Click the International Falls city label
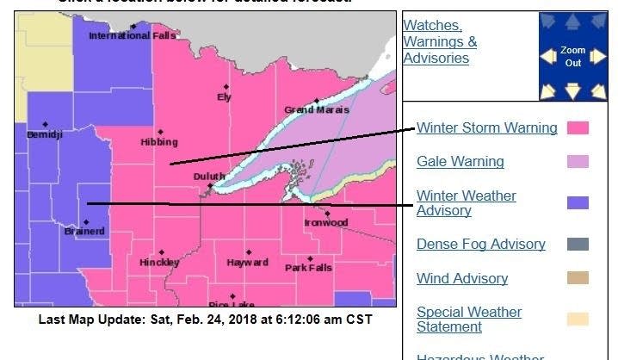click(x=125, y=35)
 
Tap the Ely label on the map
click(x=224, y=97)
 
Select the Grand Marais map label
click(x=317, y=110)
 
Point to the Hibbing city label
click(x=159, y=142)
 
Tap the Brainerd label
click(x=84, y=231)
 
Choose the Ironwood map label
click(x=325, y=222)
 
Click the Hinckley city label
click(x=159, y=262)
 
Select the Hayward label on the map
click(x=248, y=262)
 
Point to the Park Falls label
click(x=308, y=268)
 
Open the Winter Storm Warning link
click(x=486, y=128)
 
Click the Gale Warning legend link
click(x=460, y=161)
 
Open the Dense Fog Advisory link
click(x=480, y=244)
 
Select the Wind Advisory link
click(x=461, y=278)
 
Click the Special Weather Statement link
click(x=468, y=319)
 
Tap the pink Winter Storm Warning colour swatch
click(x=578, y=128)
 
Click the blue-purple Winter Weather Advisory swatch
click(x=578, y=203)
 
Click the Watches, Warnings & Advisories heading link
click(x=439, y=41)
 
